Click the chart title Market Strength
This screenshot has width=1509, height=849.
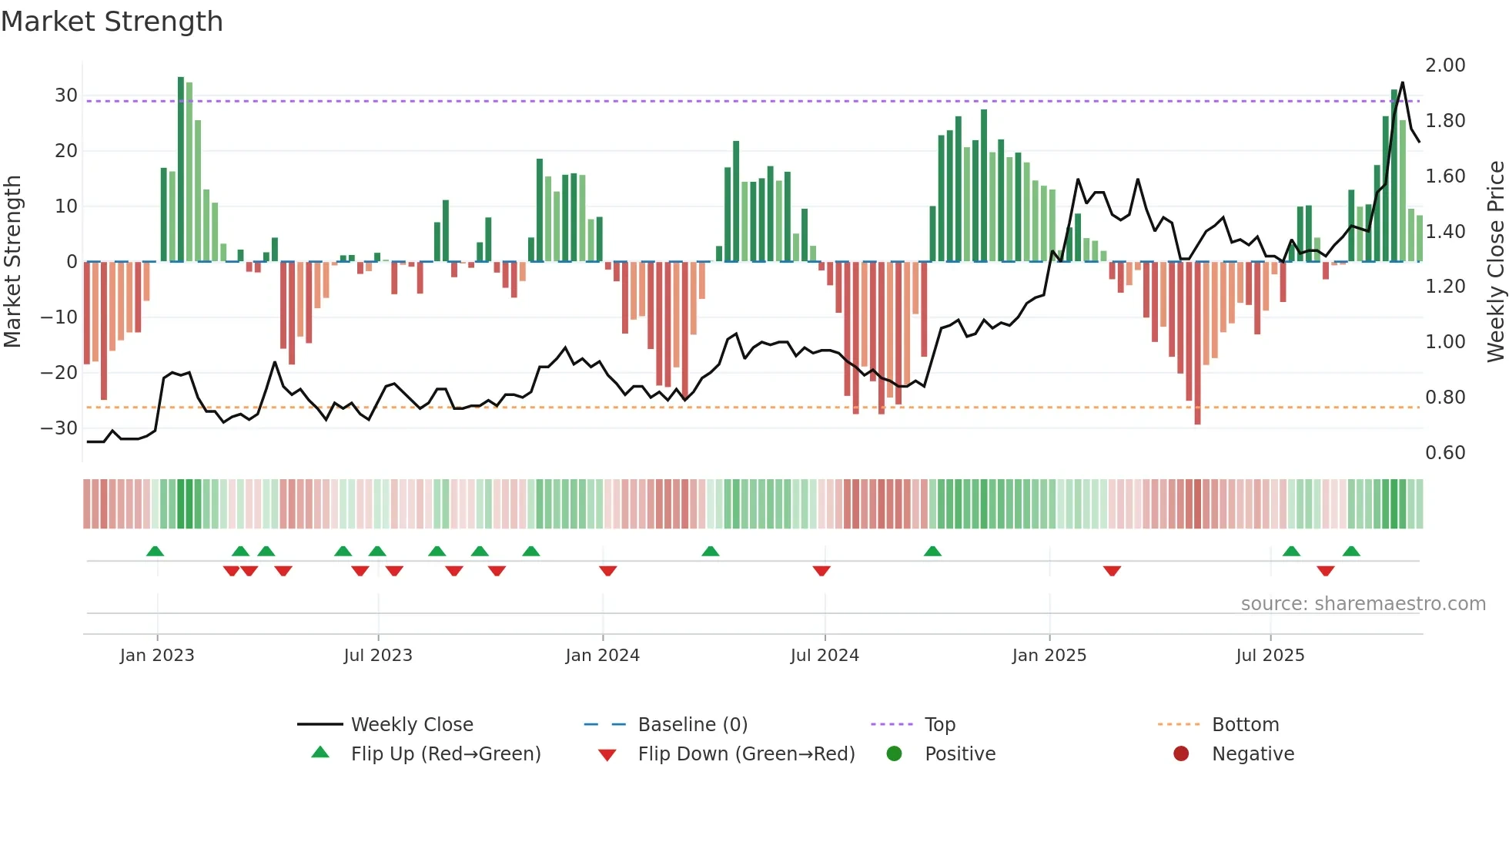112,22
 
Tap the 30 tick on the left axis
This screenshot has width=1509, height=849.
66,96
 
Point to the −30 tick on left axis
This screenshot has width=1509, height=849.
59,428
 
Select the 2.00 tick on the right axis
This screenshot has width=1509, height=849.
1445,65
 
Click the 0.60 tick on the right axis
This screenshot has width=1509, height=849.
1445,453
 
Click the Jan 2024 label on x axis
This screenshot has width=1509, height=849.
602,656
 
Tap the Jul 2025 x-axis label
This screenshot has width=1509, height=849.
1270,656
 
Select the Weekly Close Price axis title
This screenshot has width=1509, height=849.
1495,262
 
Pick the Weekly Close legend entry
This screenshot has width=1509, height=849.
411,725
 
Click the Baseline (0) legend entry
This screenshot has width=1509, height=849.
692,725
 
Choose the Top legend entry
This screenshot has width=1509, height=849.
939,725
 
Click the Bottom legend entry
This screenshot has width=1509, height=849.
1245,725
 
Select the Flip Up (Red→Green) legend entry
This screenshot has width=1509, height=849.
445,754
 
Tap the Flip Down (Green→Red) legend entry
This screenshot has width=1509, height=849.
745,754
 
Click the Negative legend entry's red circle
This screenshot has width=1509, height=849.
1181,754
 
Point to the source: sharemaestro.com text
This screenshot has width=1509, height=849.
1363,604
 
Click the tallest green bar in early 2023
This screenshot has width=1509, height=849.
181,169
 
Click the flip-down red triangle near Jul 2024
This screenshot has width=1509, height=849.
821,571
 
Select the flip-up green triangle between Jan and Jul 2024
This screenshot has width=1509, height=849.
711,551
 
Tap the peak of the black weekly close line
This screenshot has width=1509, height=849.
1403,82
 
